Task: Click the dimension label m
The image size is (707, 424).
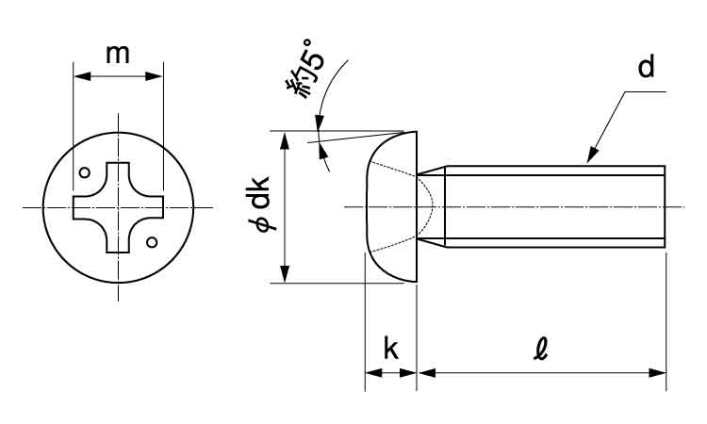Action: click(x=118, y=55)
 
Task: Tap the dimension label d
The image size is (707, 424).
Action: click(x=646, y=67)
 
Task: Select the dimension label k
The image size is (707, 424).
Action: click(x=391, y=348)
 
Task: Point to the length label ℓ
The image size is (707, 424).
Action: click(x=541, y=349)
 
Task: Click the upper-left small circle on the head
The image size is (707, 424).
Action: click(x=84, y=172)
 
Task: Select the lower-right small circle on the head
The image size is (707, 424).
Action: click(x=152, y=242)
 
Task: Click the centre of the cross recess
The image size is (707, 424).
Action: click(x=118, y=207)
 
